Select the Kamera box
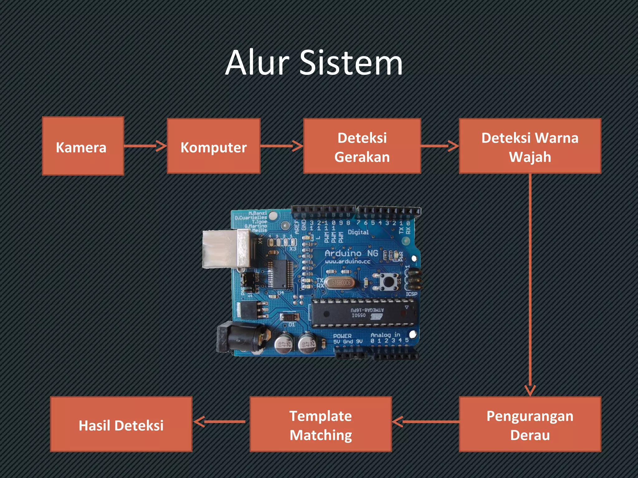pyautogui.click(x=83, y=146)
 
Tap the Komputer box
pyautogui.click(x=214, y=146)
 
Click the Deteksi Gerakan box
pyautogui.click(x=362, y=146)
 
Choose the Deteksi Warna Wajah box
pyautogui.click(x=530, y=146)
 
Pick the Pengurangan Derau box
pyautogui.click(x=530, y=424)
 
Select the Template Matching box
pyautogui.click(x=321, y=424)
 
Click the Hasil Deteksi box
pyautogui.click(x=121, y=424)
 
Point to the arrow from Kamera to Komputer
pyautogui.click(x=145, y=146)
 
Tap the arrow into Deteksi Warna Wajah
pyautogui.click(x=440, y=146)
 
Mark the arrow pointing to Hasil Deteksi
pyautogui.click(x=220, y=422)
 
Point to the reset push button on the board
pyautogui.click(x=388, y=282)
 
